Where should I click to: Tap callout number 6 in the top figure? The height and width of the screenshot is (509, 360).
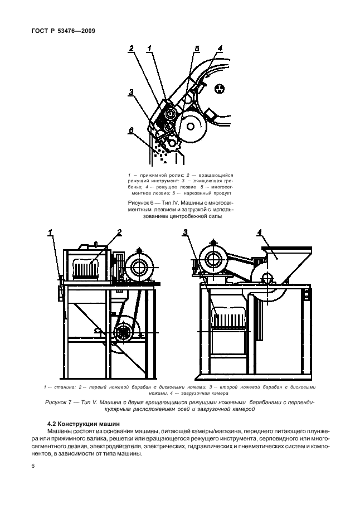click(131, 130)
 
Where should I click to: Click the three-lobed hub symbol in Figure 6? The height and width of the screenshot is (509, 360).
click(219, 88)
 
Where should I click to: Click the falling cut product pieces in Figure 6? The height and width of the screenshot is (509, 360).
click(162, 151)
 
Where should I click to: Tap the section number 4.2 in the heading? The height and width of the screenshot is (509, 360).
click(53, 423)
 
